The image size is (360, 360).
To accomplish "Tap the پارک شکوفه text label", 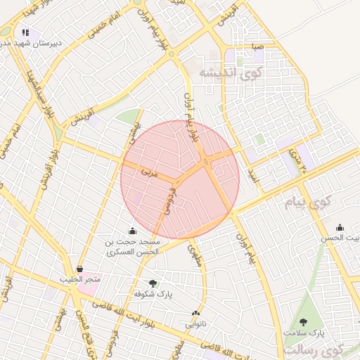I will (154, 292).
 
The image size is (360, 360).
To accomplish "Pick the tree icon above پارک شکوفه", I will (153, 283).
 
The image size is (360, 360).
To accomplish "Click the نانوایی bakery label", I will (196, 324).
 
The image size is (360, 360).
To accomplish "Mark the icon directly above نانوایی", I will (195, 314).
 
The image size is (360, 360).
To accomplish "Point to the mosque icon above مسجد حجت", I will (132, 231).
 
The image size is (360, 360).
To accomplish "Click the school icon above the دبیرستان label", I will (26, 32).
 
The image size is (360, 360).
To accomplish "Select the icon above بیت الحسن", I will (340, 227).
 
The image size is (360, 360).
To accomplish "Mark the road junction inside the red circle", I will (206, 163).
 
